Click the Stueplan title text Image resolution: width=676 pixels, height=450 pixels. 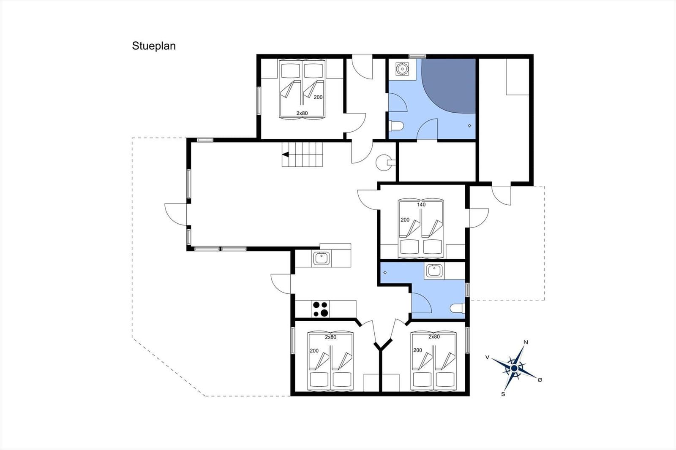[x=154, y=46]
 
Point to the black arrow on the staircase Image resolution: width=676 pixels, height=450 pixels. [x=286, y=155]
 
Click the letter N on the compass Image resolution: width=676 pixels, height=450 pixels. [x=526, y=342]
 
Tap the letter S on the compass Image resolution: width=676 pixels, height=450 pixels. [x=503, y=394]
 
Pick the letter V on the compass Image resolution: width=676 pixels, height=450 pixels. [x=487, y=357]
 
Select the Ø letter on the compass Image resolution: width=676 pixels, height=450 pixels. [x=540, y=380]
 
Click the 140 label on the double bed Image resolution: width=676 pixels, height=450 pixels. [x=421, y=204]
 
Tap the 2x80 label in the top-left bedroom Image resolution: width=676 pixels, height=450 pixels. [x=302, y=113]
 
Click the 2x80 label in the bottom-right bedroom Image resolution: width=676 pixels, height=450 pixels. [x=434, y=336]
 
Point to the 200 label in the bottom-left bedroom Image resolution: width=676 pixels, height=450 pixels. [x=314, y=350]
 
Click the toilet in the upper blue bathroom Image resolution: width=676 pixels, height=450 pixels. [x=396, y=126]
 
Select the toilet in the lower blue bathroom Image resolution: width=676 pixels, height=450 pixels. [x=458, y=308]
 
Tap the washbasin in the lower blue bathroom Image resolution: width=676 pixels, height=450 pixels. [x=434, y=271]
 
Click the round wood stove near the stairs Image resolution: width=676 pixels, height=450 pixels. [x=384, y=163]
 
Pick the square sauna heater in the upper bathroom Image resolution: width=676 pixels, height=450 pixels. [x=402, y=69]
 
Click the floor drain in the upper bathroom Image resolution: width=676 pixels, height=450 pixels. [x=469, y=125]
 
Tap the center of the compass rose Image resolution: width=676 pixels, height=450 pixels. [x=514, y=368]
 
